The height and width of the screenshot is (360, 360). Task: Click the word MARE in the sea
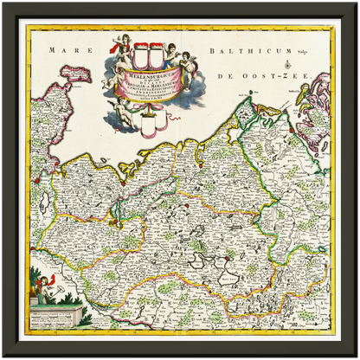pos(65,51)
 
